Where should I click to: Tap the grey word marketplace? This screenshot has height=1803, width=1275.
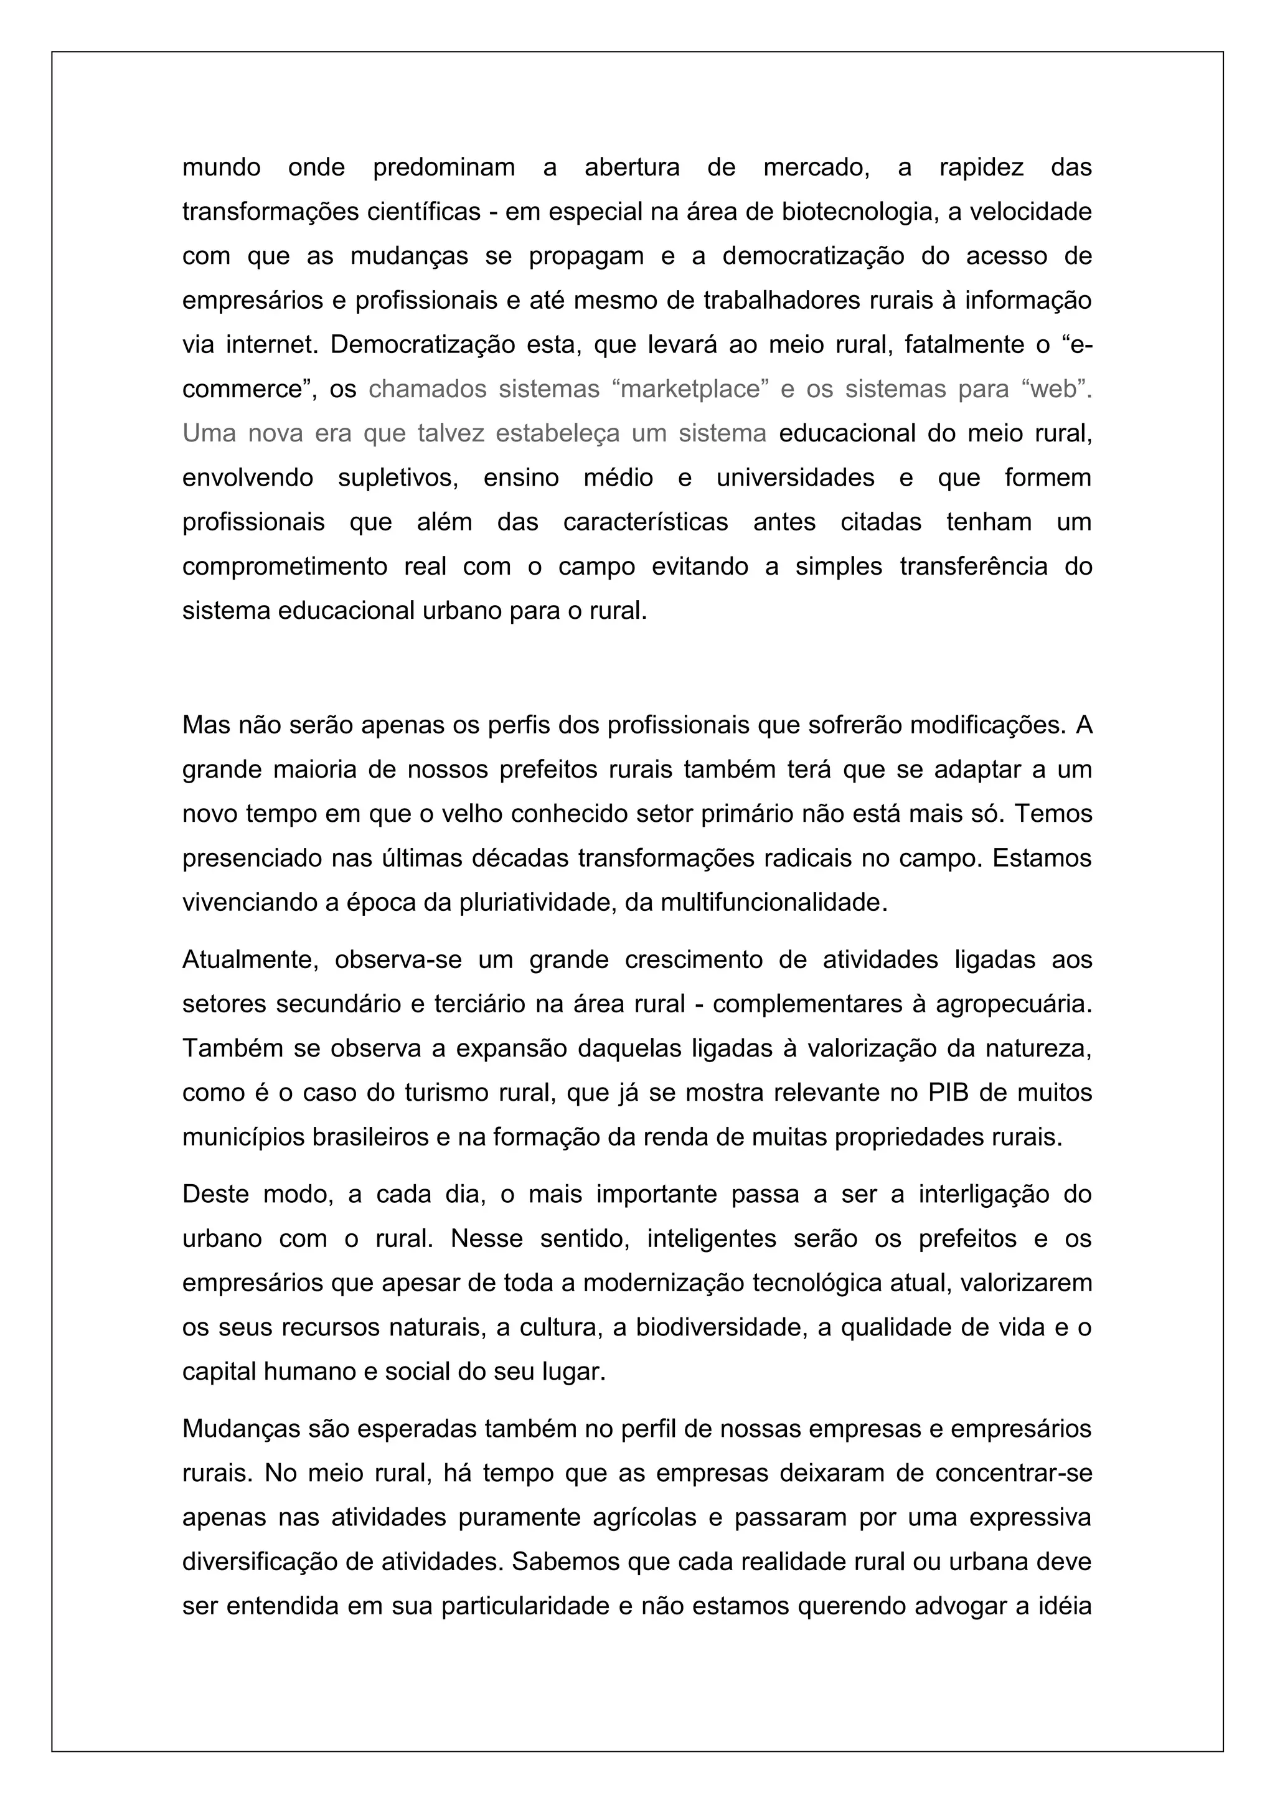click(691, 388)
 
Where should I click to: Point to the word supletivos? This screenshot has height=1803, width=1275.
click(398, 478)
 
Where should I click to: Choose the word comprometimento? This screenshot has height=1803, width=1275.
click(285, 566)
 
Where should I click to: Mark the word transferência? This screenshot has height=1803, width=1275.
click(974, 566)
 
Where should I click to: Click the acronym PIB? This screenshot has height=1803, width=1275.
click(948, 1093)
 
